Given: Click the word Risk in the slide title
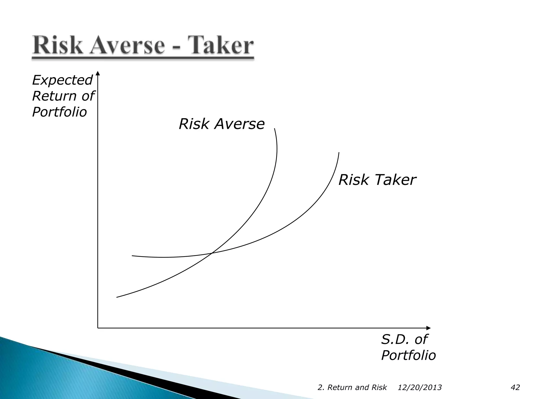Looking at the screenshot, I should [x=57, y=46].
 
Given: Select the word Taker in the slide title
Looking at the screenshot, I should [x=219, y=46].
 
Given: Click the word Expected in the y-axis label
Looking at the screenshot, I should [x=62, y=80].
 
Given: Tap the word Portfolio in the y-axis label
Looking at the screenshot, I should [x=59, y=112].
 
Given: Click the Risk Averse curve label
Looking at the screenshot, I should [x=221, y=124].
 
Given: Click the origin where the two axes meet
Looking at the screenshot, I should [x=98, y=328].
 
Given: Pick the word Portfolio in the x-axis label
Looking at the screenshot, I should [x=408, y=355].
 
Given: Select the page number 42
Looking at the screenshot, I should [x=515, y=388].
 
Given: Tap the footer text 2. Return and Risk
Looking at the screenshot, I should [x=352, y=388].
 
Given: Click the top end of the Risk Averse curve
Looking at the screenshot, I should [x=275, y=129].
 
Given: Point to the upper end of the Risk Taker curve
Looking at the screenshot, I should [x=339, y=153].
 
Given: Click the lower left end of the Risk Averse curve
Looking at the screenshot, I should [x=117, y=297].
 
